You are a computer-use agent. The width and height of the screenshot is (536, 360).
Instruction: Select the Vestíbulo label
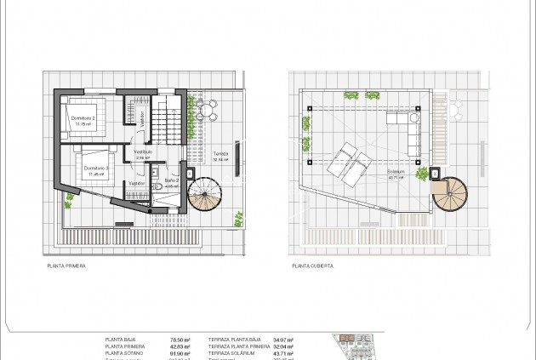coord(143,151)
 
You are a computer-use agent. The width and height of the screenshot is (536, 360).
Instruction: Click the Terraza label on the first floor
coord(221,155)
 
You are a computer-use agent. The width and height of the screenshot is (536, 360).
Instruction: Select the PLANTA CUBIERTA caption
coord(313,266)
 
